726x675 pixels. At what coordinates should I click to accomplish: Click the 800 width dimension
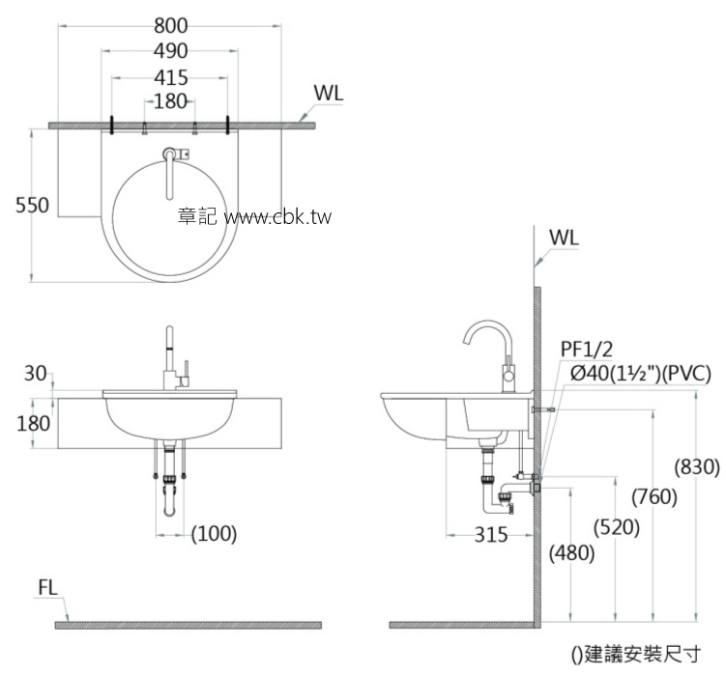tap(171, 25)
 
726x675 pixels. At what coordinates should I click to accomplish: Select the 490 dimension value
tap(171, 51)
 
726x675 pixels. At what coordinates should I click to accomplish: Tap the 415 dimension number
tap(171, 77)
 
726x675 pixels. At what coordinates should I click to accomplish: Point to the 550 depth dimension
tap(32, 205)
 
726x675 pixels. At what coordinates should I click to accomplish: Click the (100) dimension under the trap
tap(214, 534)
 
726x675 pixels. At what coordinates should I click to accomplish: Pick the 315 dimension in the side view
tap(491, 535)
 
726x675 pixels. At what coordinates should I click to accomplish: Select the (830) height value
tap(697, 467)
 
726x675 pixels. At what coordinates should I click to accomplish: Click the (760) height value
tap(654, 497)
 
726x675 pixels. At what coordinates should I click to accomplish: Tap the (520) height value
tap(617, 527)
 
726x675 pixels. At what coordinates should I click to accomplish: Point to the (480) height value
tap(572, 553)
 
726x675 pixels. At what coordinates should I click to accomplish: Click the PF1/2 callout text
tap(586, 349)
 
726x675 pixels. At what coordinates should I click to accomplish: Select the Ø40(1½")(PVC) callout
tap(640, 374)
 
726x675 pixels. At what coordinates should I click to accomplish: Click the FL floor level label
tap(47, 588)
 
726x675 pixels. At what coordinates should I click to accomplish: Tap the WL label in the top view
tap(329, 93)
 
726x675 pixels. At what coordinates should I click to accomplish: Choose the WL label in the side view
tap(564, 238)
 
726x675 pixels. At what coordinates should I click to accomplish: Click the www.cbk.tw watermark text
tap(278, 216)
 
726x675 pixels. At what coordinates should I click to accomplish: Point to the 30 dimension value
tap(35, 374)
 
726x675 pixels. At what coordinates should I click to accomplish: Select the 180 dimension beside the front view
tap(33, 423)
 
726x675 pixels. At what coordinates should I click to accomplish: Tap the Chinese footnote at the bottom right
tap(636, 655)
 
